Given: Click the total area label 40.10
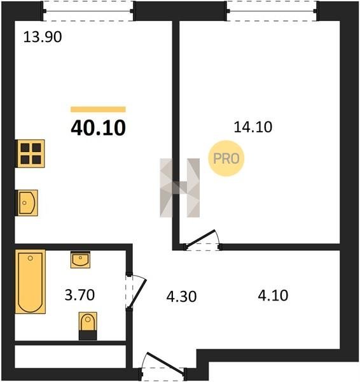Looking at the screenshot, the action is click(99, 128).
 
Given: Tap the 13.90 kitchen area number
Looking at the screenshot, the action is click(43, 38).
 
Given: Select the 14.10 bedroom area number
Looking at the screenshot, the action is click(253, 127).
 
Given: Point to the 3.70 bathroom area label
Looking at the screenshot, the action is click(80, 295).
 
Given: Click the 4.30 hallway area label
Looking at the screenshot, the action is click(181, 297).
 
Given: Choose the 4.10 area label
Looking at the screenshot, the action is click(273, 295).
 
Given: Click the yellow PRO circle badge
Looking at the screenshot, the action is click(226, 159).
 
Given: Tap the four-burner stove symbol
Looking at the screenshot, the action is click(30, 153).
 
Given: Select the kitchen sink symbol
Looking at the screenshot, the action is click(27, 202).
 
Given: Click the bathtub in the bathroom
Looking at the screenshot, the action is click(31, 281).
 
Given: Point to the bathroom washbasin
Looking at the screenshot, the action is click(80, 260).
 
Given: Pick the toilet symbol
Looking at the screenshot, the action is click(88, 326).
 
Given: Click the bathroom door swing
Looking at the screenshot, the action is click(137, 292).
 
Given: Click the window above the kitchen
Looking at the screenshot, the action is click(88, 11).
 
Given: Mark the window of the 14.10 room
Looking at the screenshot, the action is click(272, 11).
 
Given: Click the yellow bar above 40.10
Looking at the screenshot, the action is click(98, 110).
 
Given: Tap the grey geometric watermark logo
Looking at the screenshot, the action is click(179, 188).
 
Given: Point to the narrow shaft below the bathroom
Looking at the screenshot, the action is click(70, 357).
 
